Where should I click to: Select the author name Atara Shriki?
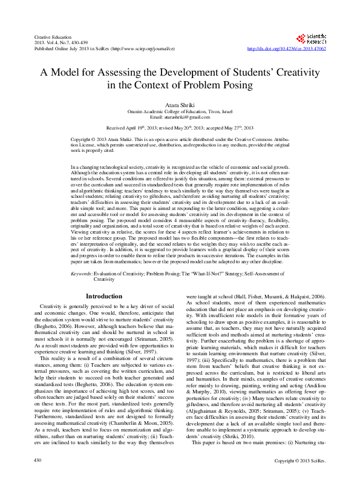[180, 105]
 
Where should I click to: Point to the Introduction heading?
[105, 297]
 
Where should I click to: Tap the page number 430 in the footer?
[38, 478]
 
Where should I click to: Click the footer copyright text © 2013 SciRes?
[301, 478]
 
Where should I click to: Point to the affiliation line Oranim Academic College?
[180, 111]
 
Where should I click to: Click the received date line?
[180, 128]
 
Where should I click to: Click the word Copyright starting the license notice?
[81, 139]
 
